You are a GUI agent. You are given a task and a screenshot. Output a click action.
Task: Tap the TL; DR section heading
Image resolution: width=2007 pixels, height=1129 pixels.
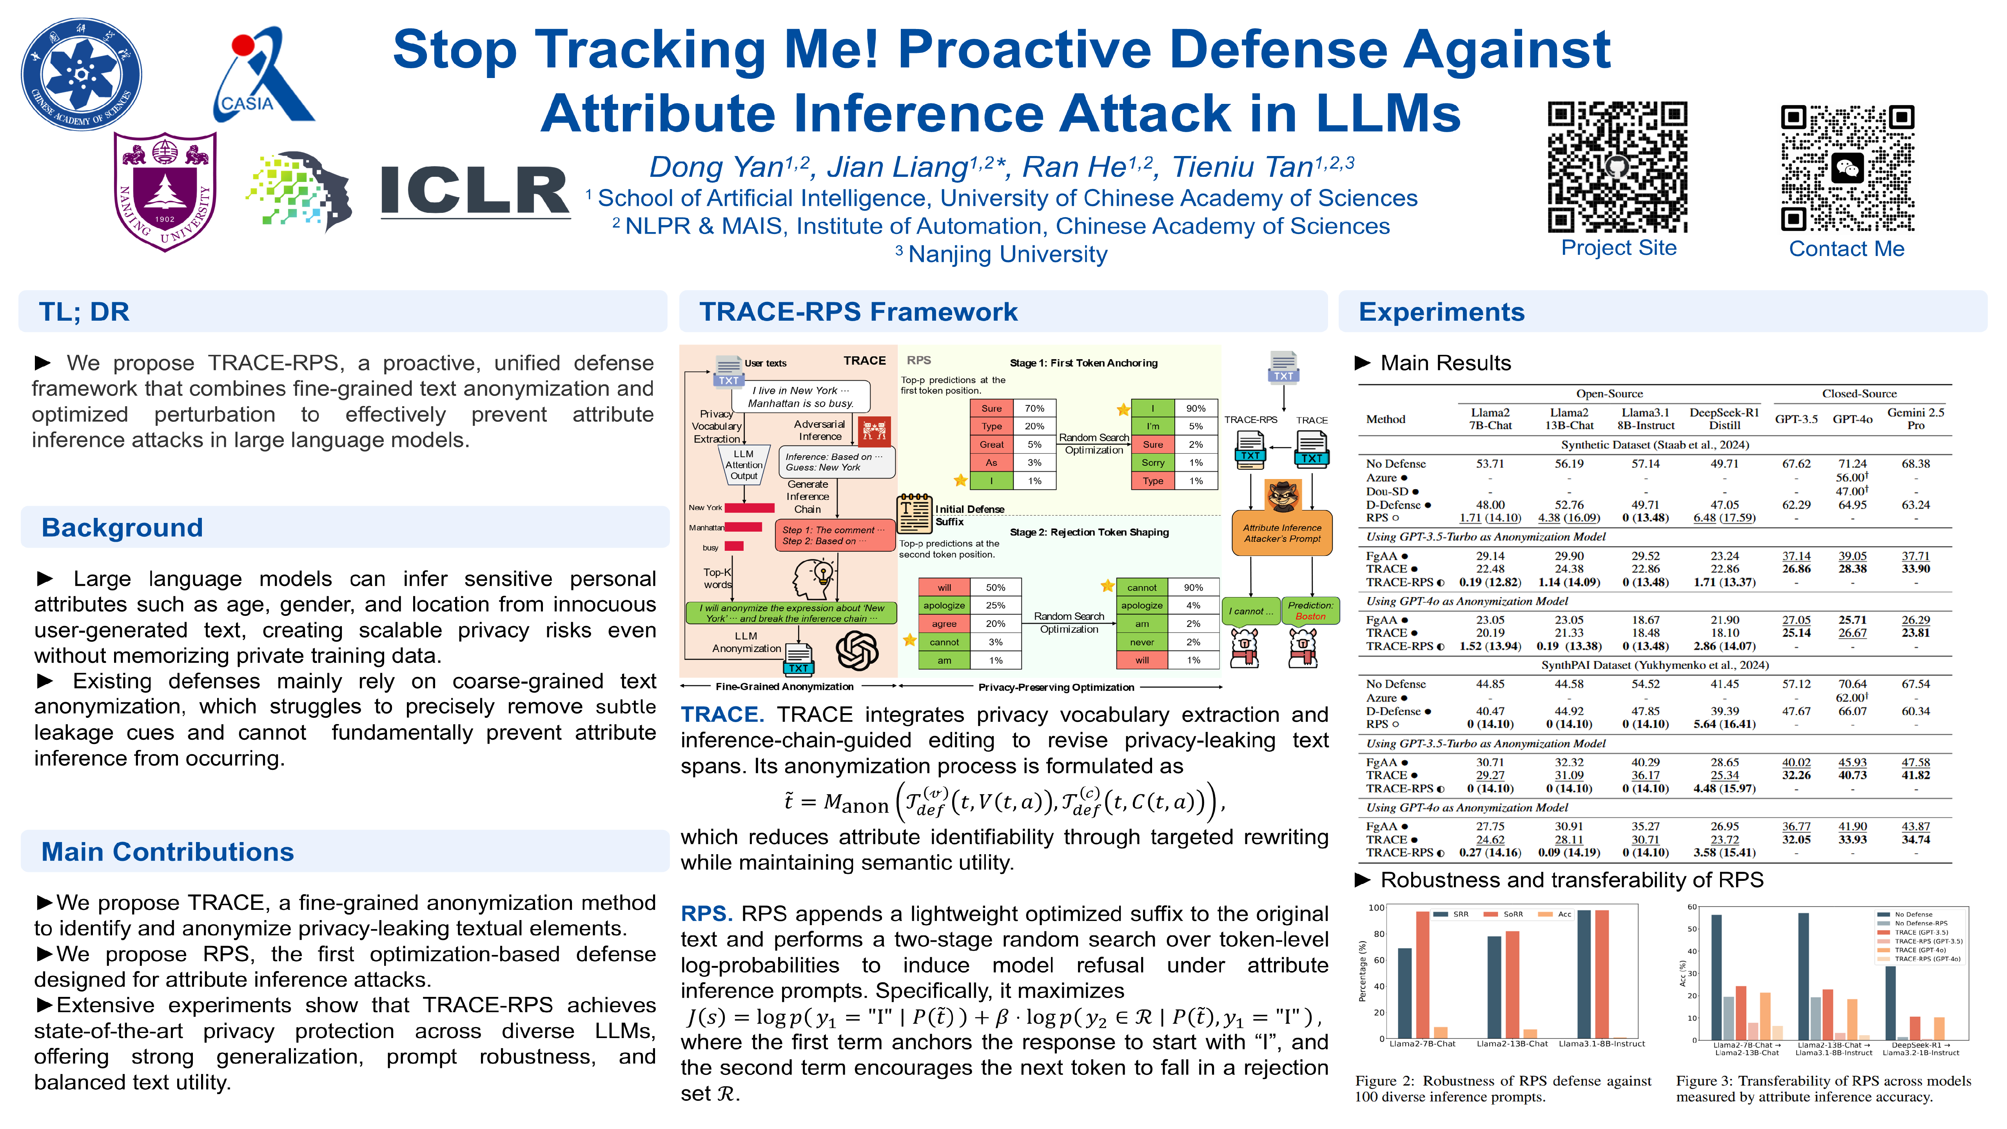coord(84,312)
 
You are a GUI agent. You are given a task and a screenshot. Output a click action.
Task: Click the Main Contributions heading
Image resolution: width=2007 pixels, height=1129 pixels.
coord(167,851)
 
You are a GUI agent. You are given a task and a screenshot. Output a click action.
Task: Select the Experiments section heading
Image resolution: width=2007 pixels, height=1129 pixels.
coord(1441,312)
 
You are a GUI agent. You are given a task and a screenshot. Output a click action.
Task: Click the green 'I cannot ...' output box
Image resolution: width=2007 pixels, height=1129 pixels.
coord(1250,611)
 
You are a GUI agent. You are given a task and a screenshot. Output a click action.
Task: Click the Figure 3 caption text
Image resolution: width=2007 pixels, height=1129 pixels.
coord(1823,1089)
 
